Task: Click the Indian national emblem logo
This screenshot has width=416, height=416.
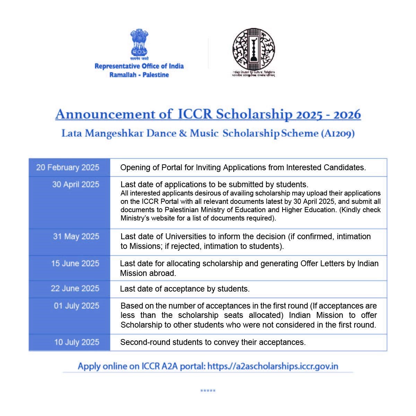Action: tap(139, 43)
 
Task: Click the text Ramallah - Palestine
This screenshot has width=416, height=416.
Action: tap(139, 75)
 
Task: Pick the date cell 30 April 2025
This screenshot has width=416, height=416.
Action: tap(76, 184)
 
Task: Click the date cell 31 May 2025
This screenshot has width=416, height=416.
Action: tap(76, 236)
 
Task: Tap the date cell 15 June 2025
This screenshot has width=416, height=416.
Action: tap(75, 263)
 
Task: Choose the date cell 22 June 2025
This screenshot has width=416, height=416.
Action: tap(75, 288)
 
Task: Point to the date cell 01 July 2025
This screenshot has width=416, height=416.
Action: tap(76, 306)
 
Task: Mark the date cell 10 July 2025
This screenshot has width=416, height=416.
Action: tap(77, 342)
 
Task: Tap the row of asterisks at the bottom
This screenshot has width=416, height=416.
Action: tap(208, 391)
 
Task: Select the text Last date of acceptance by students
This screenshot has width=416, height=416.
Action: tap(185, 289)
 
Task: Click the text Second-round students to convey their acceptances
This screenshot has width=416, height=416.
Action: tap(213, 343)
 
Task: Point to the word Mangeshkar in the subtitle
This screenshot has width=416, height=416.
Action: tap(114, 134)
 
